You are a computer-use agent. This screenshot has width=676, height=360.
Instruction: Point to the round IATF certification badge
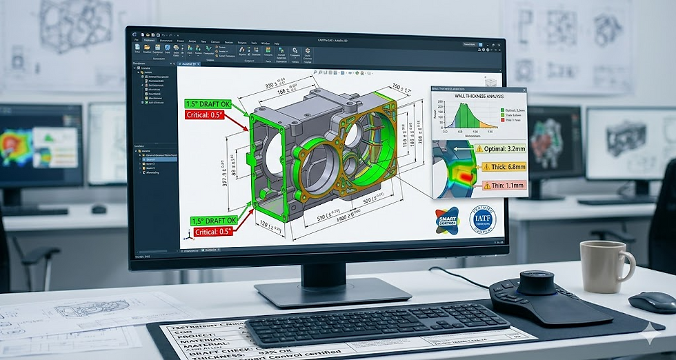point(482,219)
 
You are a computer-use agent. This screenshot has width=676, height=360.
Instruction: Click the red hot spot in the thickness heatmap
point(466,177)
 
